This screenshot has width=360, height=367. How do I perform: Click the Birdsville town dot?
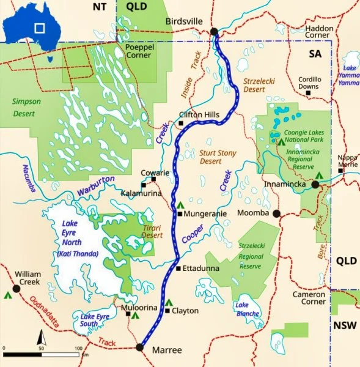pyautogui.click(x=214, y=32)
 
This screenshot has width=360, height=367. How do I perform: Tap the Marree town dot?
pyautogui.click(x=139, y=347)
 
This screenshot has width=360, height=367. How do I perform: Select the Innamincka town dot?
pyautogui.click(x=315, y=184)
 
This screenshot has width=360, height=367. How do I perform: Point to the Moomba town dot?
pyautogui.click(x=276, y=213)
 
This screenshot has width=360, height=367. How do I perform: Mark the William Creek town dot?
pyautogui.click(x=17, y=287)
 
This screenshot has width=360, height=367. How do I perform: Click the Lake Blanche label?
pyautogui.click(x=247, y=310)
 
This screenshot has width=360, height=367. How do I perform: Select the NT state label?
pyautogui.click(x=99, y=6)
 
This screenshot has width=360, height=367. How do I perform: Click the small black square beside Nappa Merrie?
pyautogui.click(x=341, y=171)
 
